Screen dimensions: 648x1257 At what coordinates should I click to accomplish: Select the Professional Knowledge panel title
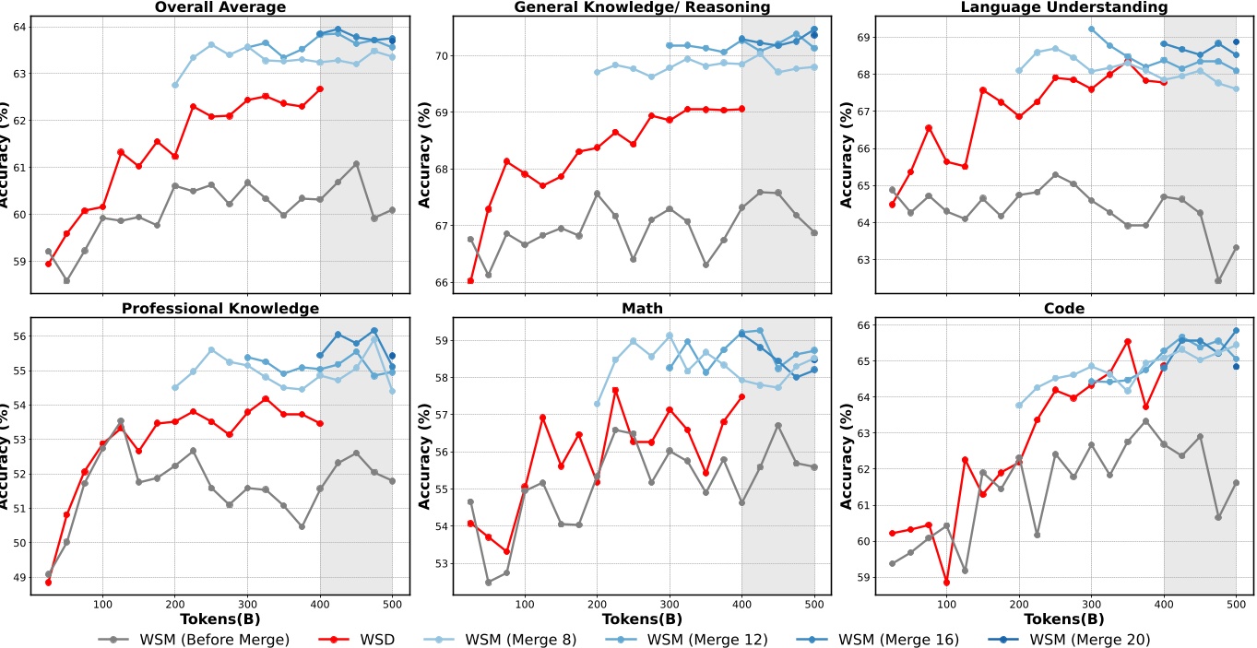point(219,308)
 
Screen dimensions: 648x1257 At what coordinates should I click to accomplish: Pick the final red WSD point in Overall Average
point(320,88)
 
